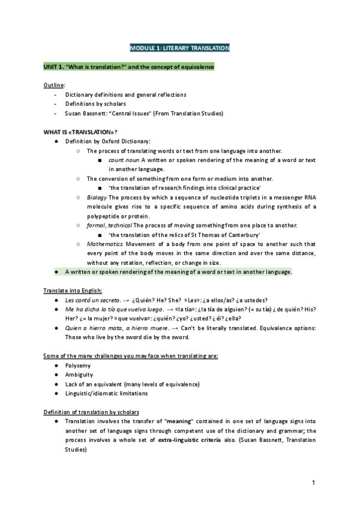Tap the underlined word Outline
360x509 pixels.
(x=53, y=85)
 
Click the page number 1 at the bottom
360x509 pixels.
(x=313, y=483)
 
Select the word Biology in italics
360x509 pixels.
(x=98, y=197)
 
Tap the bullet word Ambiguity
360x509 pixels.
(x=80, y=374)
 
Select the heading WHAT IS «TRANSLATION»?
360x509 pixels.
(x=80, y=132)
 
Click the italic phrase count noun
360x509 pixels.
(x=124, y=160)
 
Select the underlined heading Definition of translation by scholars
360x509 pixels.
(x=91, y=412)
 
